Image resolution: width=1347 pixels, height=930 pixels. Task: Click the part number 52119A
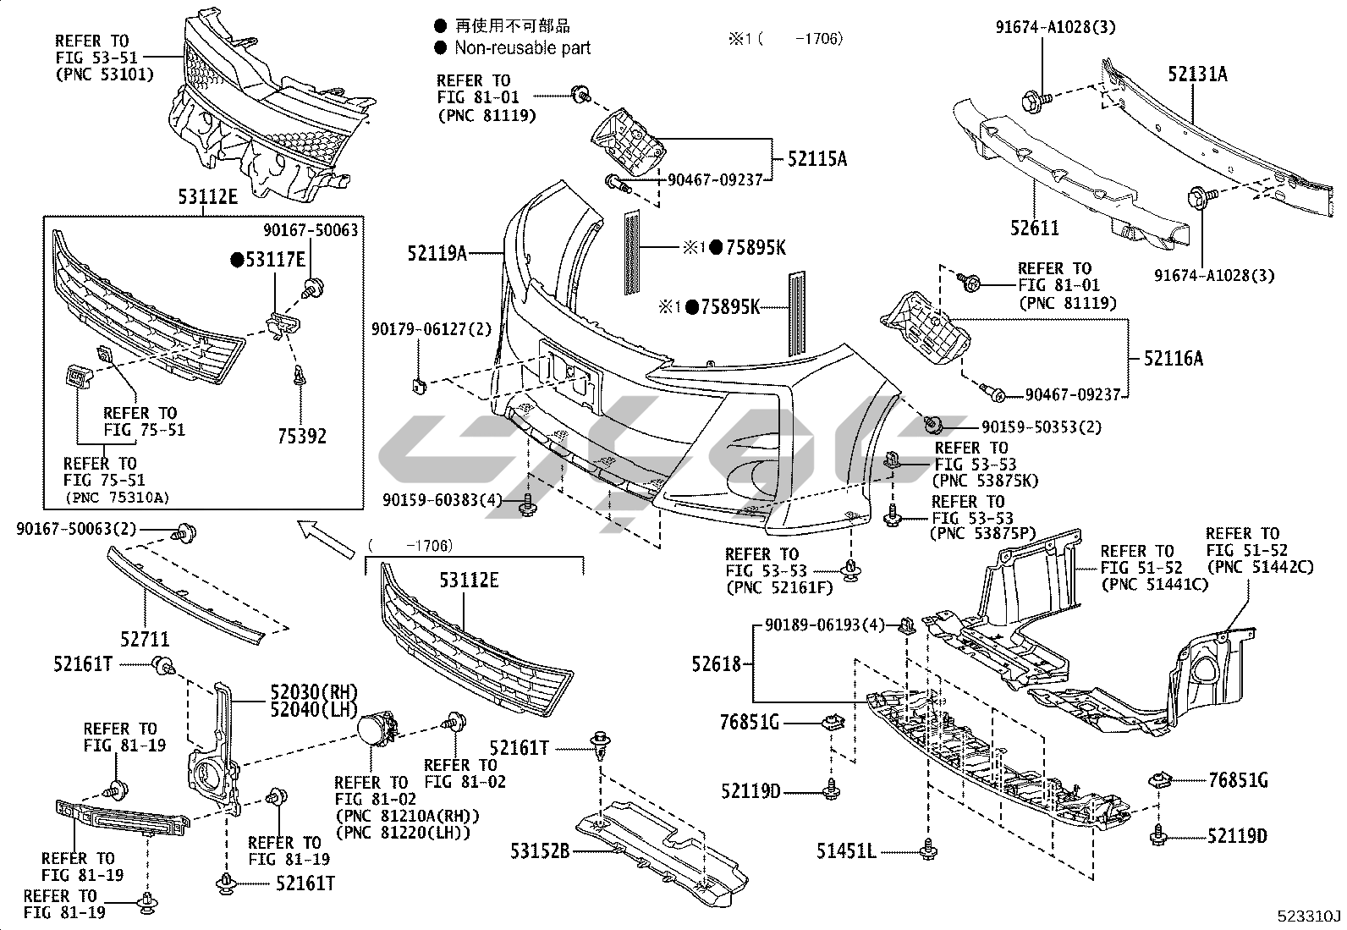point(437,252)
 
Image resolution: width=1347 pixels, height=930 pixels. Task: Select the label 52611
point(1034,228)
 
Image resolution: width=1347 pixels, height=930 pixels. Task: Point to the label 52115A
point(816,158)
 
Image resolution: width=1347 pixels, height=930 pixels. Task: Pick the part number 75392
point(302,437)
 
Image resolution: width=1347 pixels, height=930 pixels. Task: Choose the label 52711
point(144,640)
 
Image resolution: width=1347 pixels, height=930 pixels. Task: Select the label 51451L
point(846,850)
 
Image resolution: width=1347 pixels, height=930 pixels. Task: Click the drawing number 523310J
point(1310,916)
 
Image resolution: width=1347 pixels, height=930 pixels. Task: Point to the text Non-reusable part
point(522,48)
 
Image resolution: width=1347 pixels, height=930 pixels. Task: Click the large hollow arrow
point(327,539)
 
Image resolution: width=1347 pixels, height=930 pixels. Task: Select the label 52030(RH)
point(302,691)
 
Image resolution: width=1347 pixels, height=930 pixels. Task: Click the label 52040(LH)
point(302,709)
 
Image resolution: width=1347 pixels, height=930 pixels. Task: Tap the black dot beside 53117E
point(238,260)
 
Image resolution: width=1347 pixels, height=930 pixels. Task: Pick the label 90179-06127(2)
point(432,328)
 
